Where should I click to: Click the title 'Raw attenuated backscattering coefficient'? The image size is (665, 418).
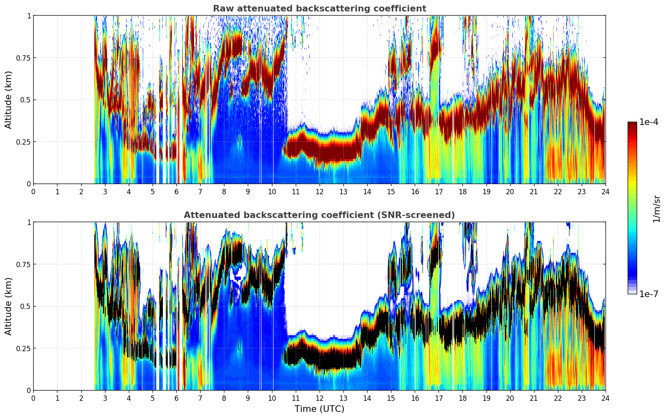(319, 9)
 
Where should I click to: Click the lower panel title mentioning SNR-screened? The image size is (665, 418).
(319, 215)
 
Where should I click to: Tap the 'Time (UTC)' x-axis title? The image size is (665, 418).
(319, 409)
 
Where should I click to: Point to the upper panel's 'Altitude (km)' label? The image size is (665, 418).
(9, 100)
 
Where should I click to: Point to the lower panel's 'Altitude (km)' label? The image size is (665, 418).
(9, 306)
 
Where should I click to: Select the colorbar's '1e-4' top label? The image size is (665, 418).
(649, 123)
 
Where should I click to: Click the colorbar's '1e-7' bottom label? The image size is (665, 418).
(649, 294)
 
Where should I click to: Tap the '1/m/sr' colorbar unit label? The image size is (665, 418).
(656, 209)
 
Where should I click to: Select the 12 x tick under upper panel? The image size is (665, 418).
(319, 191)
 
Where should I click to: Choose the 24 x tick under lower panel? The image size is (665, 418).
(605, 398)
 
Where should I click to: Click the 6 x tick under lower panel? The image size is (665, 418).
(176, 398)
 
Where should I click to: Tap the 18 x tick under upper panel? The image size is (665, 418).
(462, 191)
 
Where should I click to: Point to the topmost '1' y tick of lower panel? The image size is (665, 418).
(29, 223)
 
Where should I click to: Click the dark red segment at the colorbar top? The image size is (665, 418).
(632, 125)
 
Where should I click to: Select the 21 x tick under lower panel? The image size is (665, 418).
(534, 398)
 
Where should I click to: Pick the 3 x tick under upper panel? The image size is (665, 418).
(105, 191)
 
